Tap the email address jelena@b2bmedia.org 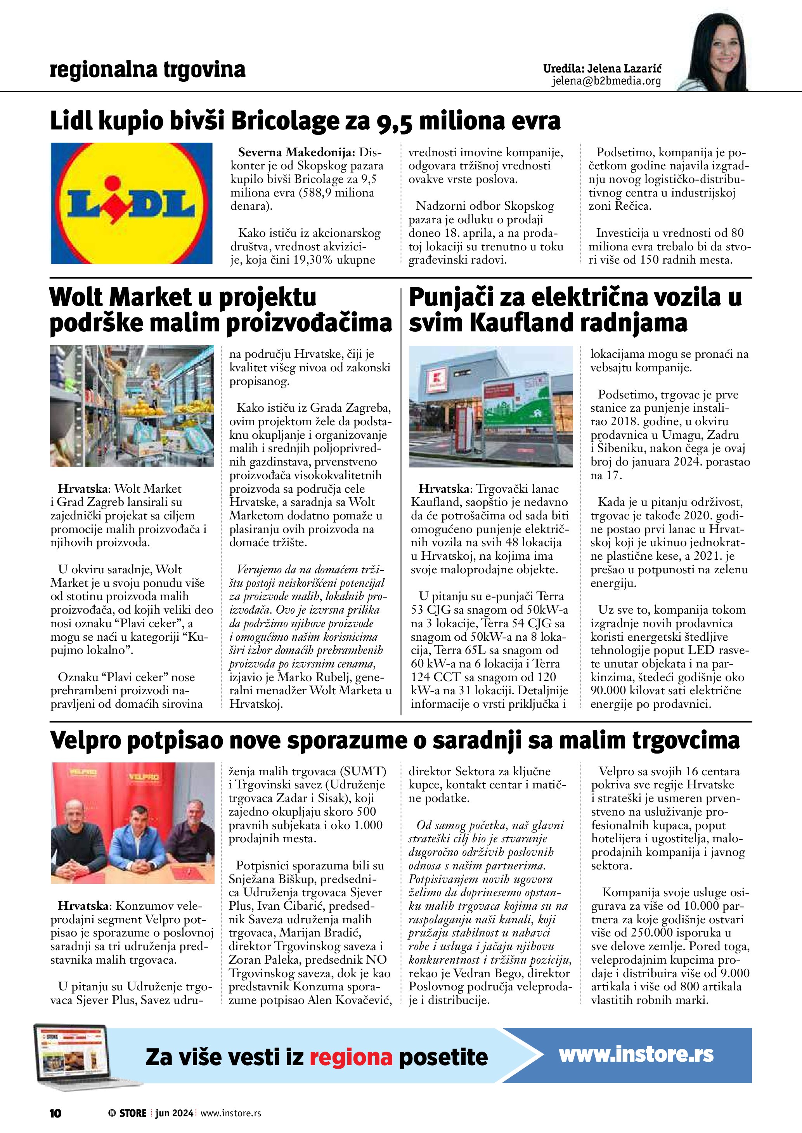click(x=606, y=81)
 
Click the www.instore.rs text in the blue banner click(x=636, y=1055)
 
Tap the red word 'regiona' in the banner click(x=351, y=1057)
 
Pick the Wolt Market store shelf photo click(x=132, y=405)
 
